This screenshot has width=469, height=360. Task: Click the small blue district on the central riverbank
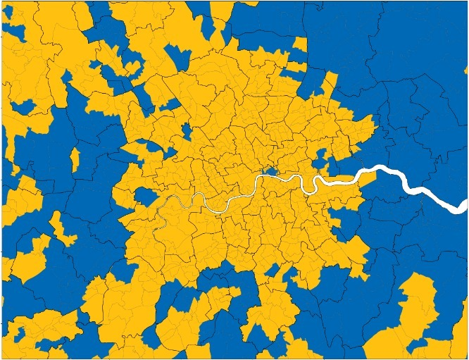coord(268,171)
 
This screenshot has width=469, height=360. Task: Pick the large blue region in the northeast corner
coord(394,56)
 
